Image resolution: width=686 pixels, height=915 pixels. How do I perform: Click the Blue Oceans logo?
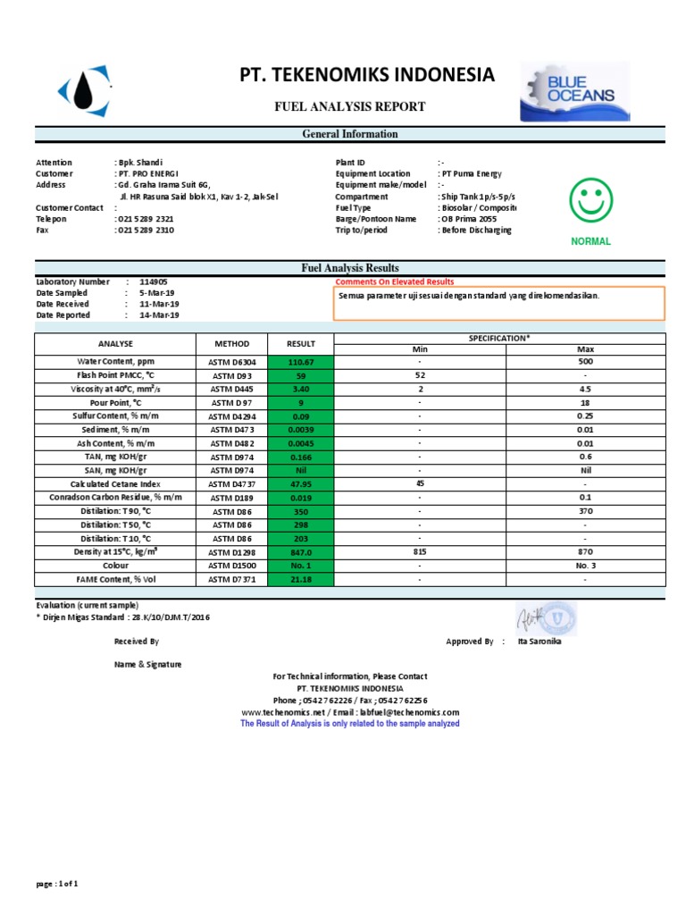pos(577,91)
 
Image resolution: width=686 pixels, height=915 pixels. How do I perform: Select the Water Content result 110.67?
pos(301,362)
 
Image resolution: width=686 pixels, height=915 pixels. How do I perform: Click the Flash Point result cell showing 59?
pos(301,376)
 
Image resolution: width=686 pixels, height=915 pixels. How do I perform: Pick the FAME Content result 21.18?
pos(301,580)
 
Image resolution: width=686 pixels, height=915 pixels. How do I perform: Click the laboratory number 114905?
pos(154,281)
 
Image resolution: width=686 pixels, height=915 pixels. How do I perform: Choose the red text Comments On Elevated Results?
pos(394,281)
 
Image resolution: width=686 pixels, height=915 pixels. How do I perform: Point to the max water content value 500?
pos(585,362)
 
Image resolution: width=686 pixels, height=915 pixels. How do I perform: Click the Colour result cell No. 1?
pos(301,567)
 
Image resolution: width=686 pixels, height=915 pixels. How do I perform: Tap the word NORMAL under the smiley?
pos(590,241)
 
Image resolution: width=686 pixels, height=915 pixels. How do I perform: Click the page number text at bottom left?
pos(57,884)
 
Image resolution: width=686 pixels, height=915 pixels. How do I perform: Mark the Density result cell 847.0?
pos(301,553)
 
